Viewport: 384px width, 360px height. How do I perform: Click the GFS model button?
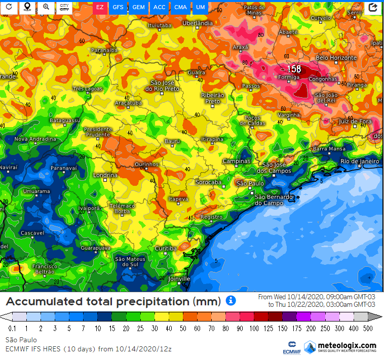point(118,7)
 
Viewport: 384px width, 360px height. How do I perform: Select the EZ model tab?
point(100,7)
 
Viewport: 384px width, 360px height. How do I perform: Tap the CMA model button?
point(180,7)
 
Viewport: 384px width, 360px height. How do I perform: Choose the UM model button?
point(201,7)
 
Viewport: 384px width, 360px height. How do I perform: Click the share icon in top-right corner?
point(373,7)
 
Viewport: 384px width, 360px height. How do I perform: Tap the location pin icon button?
point(27,7)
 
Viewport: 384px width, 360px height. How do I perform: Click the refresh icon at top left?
point(9,7)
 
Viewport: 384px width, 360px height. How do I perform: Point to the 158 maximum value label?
point(294,69)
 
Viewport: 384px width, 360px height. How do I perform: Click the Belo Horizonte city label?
point(336,58)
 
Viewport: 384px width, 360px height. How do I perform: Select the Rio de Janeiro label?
point(360,161)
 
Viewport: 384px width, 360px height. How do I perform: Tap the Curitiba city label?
point(166,249)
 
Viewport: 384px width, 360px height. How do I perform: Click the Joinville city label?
point(179,278)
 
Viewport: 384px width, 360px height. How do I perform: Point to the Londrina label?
point(105,175)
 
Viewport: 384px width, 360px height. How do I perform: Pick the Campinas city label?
point(237,161)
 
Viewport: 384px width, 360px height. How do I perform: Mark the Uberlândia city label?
point(197,23)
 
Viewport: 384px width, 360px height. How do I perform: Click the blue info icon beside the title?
point(231,301)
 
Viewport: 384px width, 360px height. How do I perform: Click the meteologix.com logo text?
point(347,345)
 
